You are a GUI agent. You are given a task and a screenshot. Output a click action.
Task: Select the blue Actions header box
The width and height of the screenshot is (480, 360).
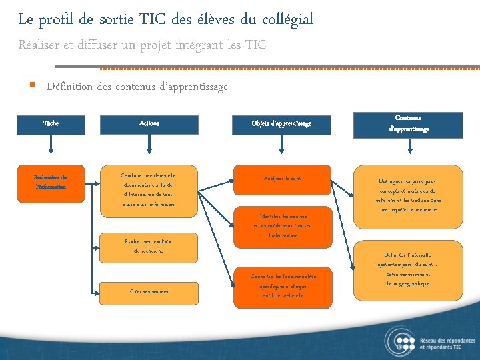(149, 123)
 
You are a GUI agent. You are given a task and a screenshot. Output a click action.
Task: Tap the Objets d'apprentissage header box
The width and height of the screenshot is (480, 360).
(281, 123)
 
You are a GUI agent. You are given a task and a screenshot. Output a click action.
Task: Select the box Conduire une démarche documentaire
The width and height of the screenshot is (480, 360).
(149, 190)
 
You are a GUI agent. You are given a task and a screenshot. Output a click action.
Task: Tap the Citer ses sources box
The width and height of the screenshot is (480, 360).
(149, 291)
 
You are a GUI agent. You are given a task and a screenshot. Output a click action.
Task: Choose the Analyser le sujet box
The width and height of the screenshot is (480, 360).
(281, 179)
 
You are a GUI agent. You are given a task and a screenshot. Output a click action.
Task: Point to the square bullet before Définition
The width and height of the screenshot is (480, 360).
(32, 86)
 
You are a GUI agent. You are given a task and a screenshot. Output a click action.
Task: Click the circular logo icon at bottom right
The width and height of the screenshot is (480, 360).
(399, 341)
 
